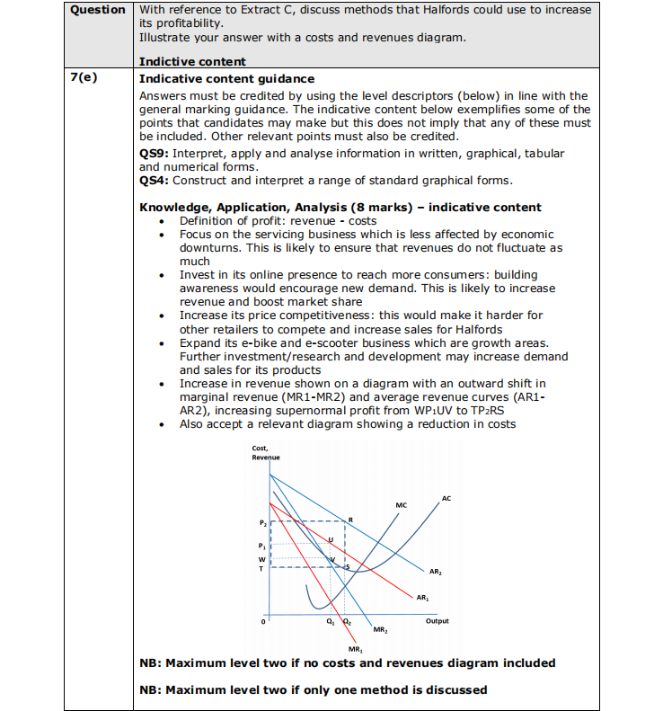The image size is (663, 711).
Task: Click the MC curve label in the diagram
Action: (x=401, y=505)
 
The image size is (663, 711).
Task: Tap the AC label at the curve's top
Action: (x=446, y=497)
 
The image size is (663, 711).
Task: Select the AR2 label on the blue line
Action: (x=435, y=572)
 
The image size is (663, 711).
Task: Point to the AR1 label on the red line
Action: (x=423, y=596)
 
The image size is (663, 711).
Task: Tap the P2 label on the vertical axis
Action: (x=262, y=521)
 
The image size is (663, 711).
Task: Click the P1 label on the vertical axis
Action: (x=262, y=546)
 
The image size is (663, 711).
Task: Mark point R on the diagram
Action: (x=350, y=520)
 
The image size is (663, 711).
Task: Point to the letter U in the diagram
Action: (x=331, y=540)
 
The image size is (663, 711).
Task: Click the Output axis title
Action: (x=438, y=621)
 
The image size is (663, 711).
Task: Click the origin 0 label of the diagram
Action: (x=263, y=621)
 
